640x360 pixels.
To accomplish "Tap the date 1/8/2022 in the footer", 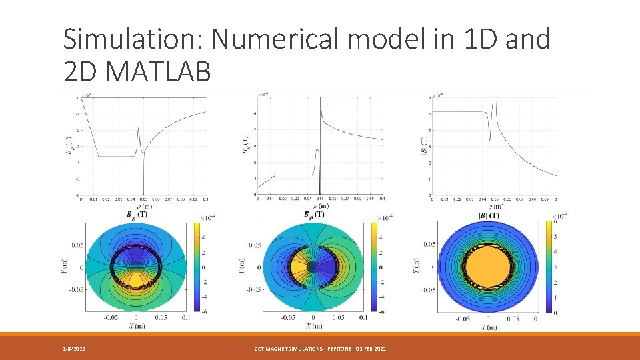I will [x=73, y=349].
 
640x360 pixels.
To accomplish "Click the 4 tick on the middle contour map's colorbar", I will [x=381, y=237].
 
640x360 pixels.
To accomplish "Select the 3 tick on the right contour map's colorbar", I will [x=554, y=267].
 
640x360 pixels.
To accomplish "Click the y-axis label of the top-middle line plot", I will [x=245, y=145].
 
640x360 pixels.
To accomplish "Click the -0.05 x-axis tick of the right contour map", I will [x=462, y=319].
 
